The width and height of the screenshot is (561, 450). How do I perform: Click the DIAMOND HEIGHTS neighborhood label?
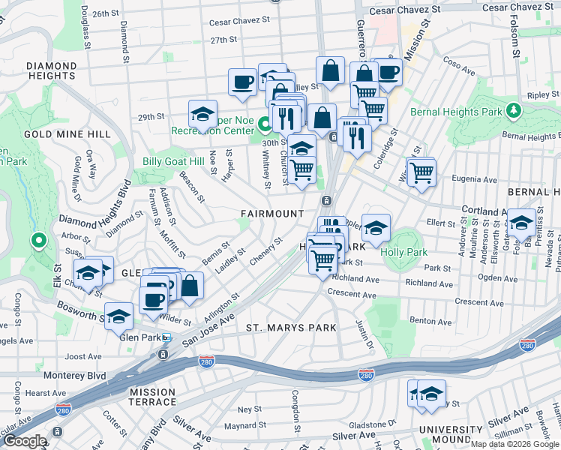[51, 70]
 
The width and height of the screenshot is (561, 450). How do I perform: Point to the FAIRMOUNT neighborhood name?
[272, 214]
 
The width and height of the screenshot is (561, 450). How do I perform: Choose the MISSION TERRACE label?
[152, 397]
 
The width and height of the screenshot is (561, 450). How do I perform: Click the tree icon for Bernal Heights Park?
[514, 111]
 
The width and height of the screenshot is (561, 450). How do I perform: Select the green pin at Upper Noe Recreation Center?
[264, 124]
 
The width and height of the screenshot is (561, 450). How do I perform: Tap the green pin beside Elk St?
[38, 241]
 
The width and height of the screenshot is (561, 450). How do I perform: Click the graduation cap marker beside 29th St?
[202, 114]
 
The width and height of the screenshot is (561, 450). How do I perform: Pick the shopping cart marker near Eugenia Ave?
[421, 172]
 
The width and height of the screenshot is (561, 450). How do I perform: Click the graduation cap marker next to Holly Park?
[376, 227]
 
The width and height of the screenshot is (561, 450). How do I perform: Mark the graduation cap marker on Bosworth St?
[118, 316]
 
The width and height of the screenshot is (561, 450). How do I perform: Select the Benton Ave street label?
[430, 321]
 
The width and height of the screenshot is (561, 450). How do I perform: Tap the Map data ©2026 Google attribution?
[514, 444]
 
